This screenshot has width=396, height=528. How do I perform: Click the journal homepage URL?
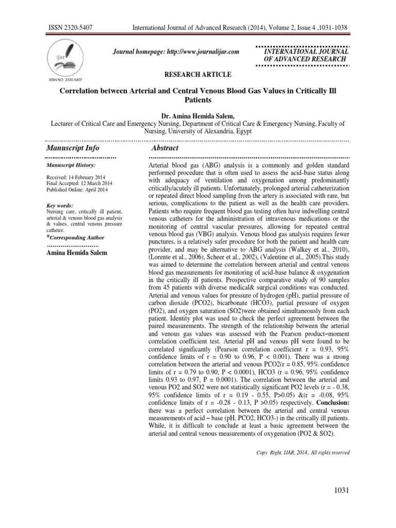tap(177, 52)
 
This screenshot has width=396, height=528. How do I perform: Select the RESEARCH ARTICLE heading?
tap(197, 74)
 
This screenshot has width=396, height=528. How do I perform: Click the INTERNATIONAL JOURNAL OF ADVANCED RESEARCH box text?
tap(306, 56)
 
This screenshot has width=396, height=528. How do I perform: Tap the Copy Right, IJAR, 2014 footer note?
tap(303, 452)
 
